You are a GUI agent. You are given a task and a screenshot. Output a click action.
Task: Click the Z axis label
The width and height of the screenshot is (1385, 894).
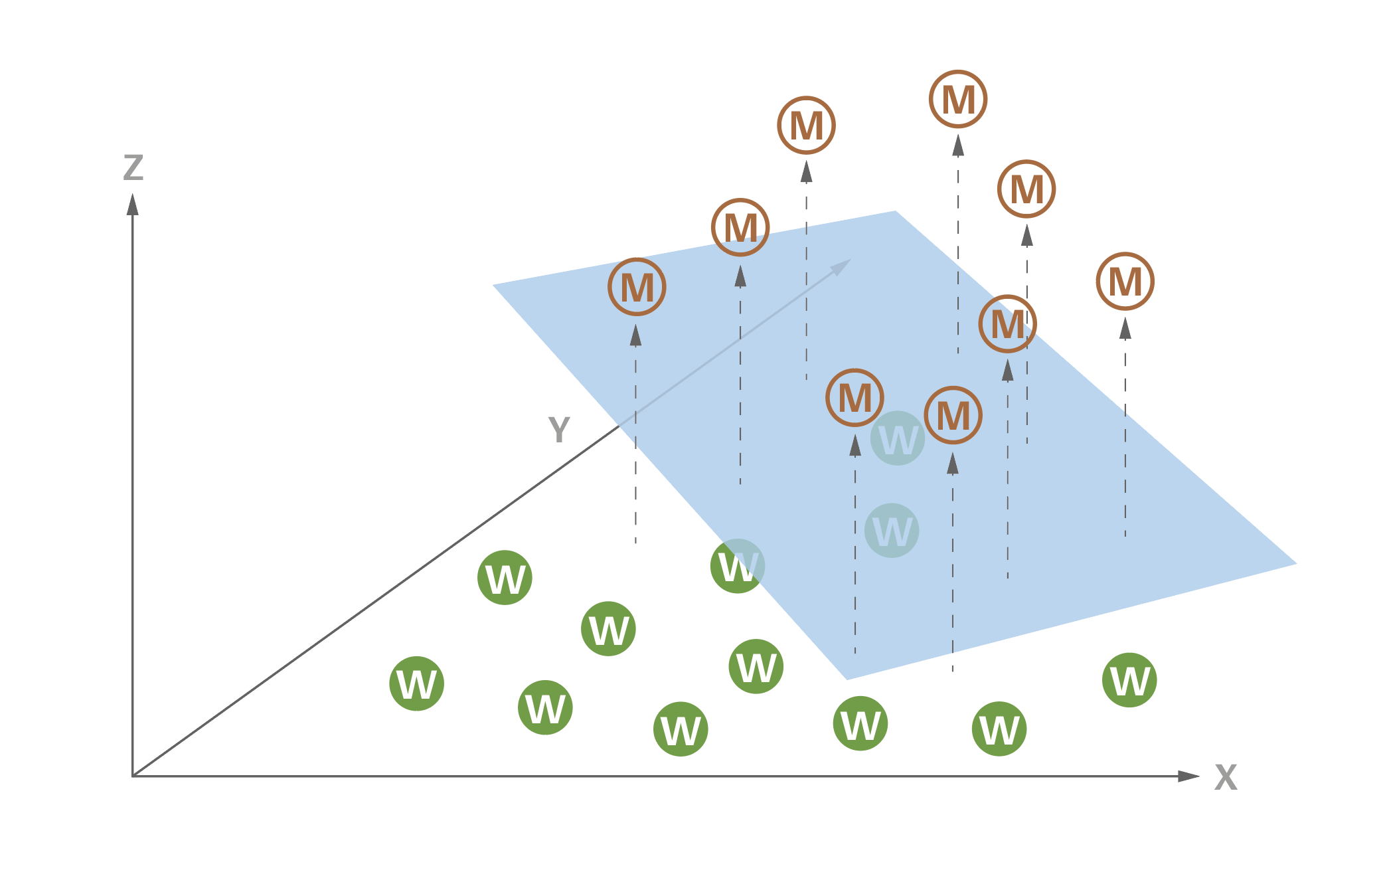(x=133, y=168)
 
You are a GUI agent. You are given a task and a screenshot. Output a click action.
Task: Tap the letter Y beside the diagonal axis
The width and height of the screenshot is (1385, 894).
(x=559, y=430)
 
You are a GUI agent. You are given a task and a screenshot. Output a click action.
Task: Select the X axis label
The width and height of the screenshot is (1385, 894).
(x=1226, y=777)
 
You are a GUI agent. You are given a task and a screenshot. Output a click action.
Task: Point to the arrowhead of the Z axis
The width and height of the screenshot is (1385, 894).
(x=133, y=204)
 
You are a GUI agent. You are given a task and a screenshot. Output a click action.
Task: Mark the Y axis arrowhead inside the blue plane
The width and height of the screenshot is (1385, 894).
(x=842, y=266)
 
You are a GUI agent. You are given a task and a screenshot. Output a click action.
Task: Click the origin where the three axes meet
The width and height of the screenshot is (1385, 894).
(x=133, y=776)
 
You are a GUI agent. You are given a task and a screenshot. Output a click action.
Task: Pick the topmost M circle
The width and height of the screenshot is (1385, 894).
(x=958, y=99)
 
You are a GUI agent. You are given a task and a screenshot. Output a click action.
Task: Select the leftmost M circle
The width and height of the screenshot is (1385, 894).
(x=637, y=287)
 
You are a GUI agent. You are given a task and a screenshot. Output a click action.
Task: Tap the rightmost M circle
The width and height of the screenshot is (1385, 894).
(x=1125, y=282)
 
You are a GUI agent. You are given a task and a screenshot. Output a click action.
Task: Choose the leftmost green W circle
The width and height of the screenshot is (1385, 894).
(x=416, y=683)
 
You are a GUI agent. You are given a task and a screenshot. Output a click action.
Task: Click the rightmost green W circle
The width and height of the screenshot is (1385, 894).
(x=1129, y=680)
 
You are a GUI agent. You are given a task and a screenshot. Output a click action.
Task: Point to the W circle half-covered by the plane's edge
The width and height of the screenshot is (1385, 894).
(x=738, y=566)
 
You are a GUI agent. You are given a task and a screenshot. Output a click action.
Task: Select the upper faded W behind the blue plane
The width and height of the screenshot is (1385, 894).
(x=898, y=438)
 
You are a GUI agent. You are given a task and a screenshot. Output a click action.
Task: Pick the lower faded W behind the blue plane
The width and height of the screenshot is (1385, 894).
(x=892, y=531)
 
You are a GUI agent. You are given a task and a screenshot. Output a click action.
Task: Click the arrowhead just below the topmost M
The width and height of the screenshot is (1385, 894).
(x=958, y=145)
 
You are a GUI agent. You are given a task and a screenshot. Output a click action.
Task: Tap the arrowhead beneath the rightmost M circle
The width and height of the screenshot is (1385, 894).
(x=1125, y=328)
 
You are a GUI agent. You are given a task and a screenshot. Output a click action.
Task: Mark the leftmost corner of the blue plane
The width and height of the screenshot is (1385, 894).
(x=493, y=285)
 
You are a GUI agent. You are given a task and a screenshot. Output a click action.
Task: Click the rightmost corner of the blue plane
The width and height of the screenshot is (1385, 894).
(x=1295, y=564)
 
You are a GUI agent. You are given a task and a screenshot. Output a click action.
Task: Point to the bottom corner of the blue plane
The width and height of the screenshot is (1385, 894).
(x=847, y=679)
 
